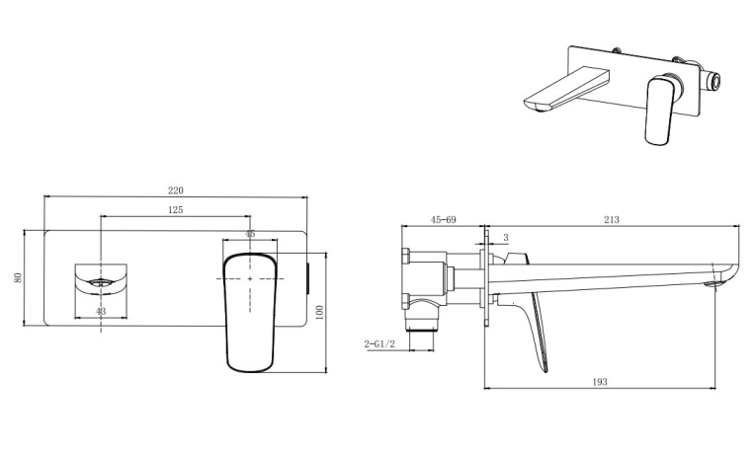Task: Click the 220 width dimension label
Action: click(x=175, y=190)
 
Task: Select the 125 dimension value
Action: click(x=175, y=209)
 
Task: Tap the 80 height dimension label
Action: click(x=18, y=278)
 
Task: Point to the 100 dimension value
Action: click(x=320, y=313)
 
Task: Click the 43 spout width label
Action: click(x=101, y=312)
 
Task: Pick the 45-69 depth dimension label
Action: click(x=443, y=220)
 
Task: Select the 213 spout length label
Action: click(x=612, y=220)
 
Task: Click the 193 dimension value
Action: click(x=599, y=382)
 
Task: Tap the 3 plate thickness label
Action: click(x=506, y=238)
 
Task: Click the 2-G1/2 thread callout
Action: click(x=379, y=344)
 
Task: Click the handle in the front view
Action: click(x=250, y=313)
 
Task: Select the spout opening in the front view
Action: click(x=101, y=282)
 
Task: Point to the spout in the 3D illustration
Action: click(x=565, y=90)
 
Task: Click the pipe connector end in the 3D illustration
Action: click(x=715, y=82)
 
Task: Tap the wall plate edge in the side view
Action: click(x=487, y=278)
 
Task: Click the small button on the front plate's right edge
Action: click(x=308, y=278)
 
